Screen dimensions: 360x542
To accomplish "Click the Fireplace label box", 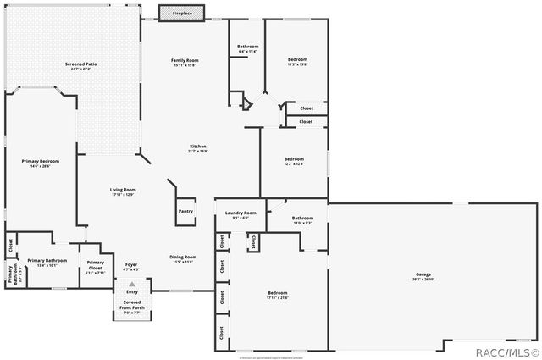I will [182, 13].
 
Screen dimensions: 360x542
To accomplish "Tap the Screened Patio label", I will [81, 66].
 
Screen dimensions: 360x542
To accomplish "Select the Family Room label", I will [185, 62].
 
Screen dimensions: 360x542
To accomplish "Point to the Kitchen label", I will [198, 148].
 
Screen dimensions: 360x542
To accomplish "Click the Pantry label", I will [185, 212].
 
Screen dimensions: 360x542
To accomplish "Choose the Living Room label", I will [123, 191].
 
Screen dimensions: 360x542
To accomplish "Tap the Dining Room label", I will [183, 258].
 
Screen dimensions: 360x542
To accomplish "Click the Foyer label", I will [131, 267].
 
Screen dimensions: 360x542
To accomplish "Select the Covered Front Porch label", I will [131, 308].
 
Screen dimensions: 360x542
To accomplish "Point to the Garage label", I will [423, 276].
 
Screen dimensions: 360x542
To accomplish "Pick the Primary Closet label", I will [95, 269].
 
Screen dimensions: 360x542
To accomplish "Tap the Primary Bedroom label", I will [41, 163].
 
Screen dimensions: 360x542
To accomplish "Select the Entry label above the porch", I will [131, 292].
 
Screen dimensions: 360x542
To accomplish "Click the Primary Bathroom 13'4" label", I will [47, 263].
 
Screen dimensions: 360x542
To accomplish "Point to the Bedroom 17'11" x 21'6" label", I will [278, 296].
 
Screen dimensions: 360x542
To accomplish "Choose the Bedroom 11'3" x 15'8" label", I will [297, 61].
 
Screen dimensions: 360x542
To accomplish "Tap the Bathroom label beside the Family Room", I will [247, 48].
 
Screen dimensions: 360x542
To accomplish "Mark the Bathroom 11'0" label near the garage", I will [302, 220].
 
